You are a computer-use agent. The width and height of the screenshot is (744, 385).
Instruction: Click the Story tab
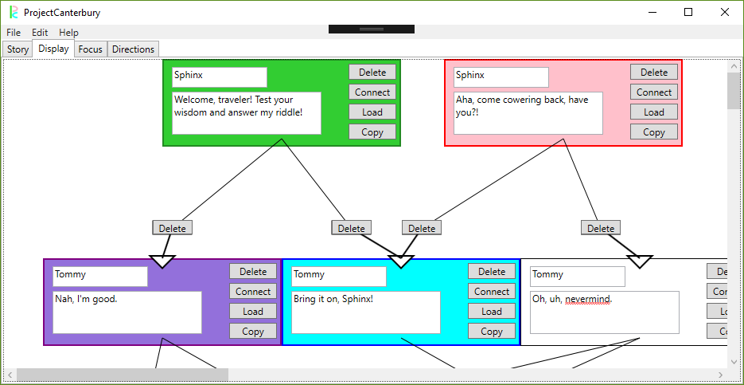click(18, 49)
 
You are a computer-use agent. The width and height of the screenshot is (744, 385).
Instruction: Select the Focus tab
click(91, 49)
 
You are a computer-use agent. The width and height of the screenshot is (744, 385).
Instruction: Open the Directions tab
click(133, 49)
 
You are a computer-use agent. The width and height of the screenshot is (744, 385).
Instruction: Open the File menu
click(14, 33)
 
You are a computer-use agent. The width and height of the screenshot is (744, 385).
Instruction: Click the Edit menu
click(40, 33)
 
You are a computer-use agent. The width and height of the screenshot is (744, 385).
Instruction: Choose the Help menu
click(68, 33)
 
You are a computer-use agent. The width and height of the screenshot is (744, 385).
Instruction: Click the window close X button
click(724, 12)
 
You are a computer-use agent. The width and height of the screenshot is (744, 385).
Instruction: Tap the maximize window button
click(688, 12)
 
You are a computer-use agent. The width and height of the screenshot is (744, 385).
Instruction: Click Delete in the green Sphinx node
click(372, 72)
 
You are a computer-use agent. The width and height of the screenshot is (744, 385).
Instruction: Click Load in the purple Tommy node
click(253, 312)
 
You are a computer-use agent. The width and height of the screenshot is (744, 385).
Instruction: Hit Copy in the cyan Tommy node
click(491, 332)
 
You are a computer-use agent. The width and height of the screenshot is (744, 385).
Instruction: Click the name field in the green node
click(219, 77)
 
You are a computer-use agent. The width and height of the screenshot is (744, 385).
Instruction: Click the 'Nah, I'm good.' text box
click(127, 311)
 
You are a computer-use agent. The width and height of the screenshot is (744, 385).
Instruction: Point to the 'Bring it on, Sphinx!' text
click(333, 299)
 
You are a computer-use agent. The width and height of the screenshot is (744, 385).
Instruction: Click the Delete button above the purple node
click(172, 228)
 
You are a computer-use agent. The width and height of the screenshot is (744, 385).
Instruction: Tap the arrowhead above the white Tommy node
click(639, 261)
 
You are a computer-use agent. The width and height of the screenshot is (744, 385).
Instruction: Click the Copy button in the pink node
click(653, 132)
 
